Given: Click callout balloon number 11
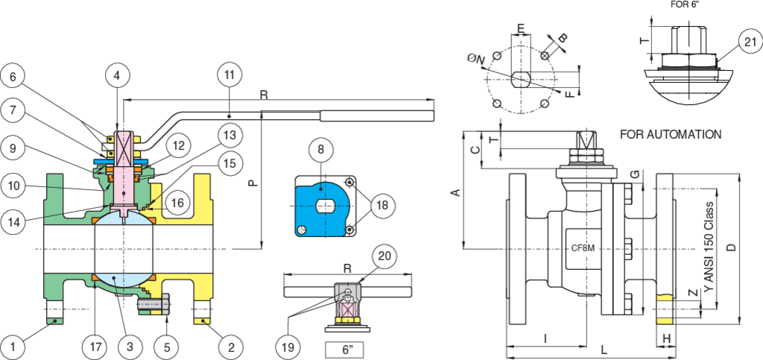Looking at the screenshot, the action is point(230,75).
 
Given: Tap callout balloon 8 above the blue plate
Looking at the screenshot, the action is point(320,150).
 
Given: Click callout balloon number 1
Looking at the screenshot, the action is point(13,347).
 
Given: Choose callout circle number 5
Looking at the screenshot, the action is point(167,347).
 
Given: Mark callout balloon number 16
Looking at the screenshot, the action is point(177,202).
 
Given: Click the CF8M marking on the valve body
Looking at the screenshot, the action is point(583,248).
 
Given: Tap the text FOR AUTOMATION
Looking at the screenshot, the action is point(671,134).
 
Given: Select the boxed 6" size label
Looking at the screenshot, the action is point(347,350).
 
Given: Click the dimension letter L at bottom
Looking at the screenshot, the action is point(604,350).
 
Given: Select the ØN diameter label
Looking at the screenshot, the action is point(475,60).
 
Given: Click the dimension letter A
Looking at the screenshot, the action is point(456,193).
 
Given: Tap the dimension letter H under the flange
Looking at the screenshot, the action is point(667,338).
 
